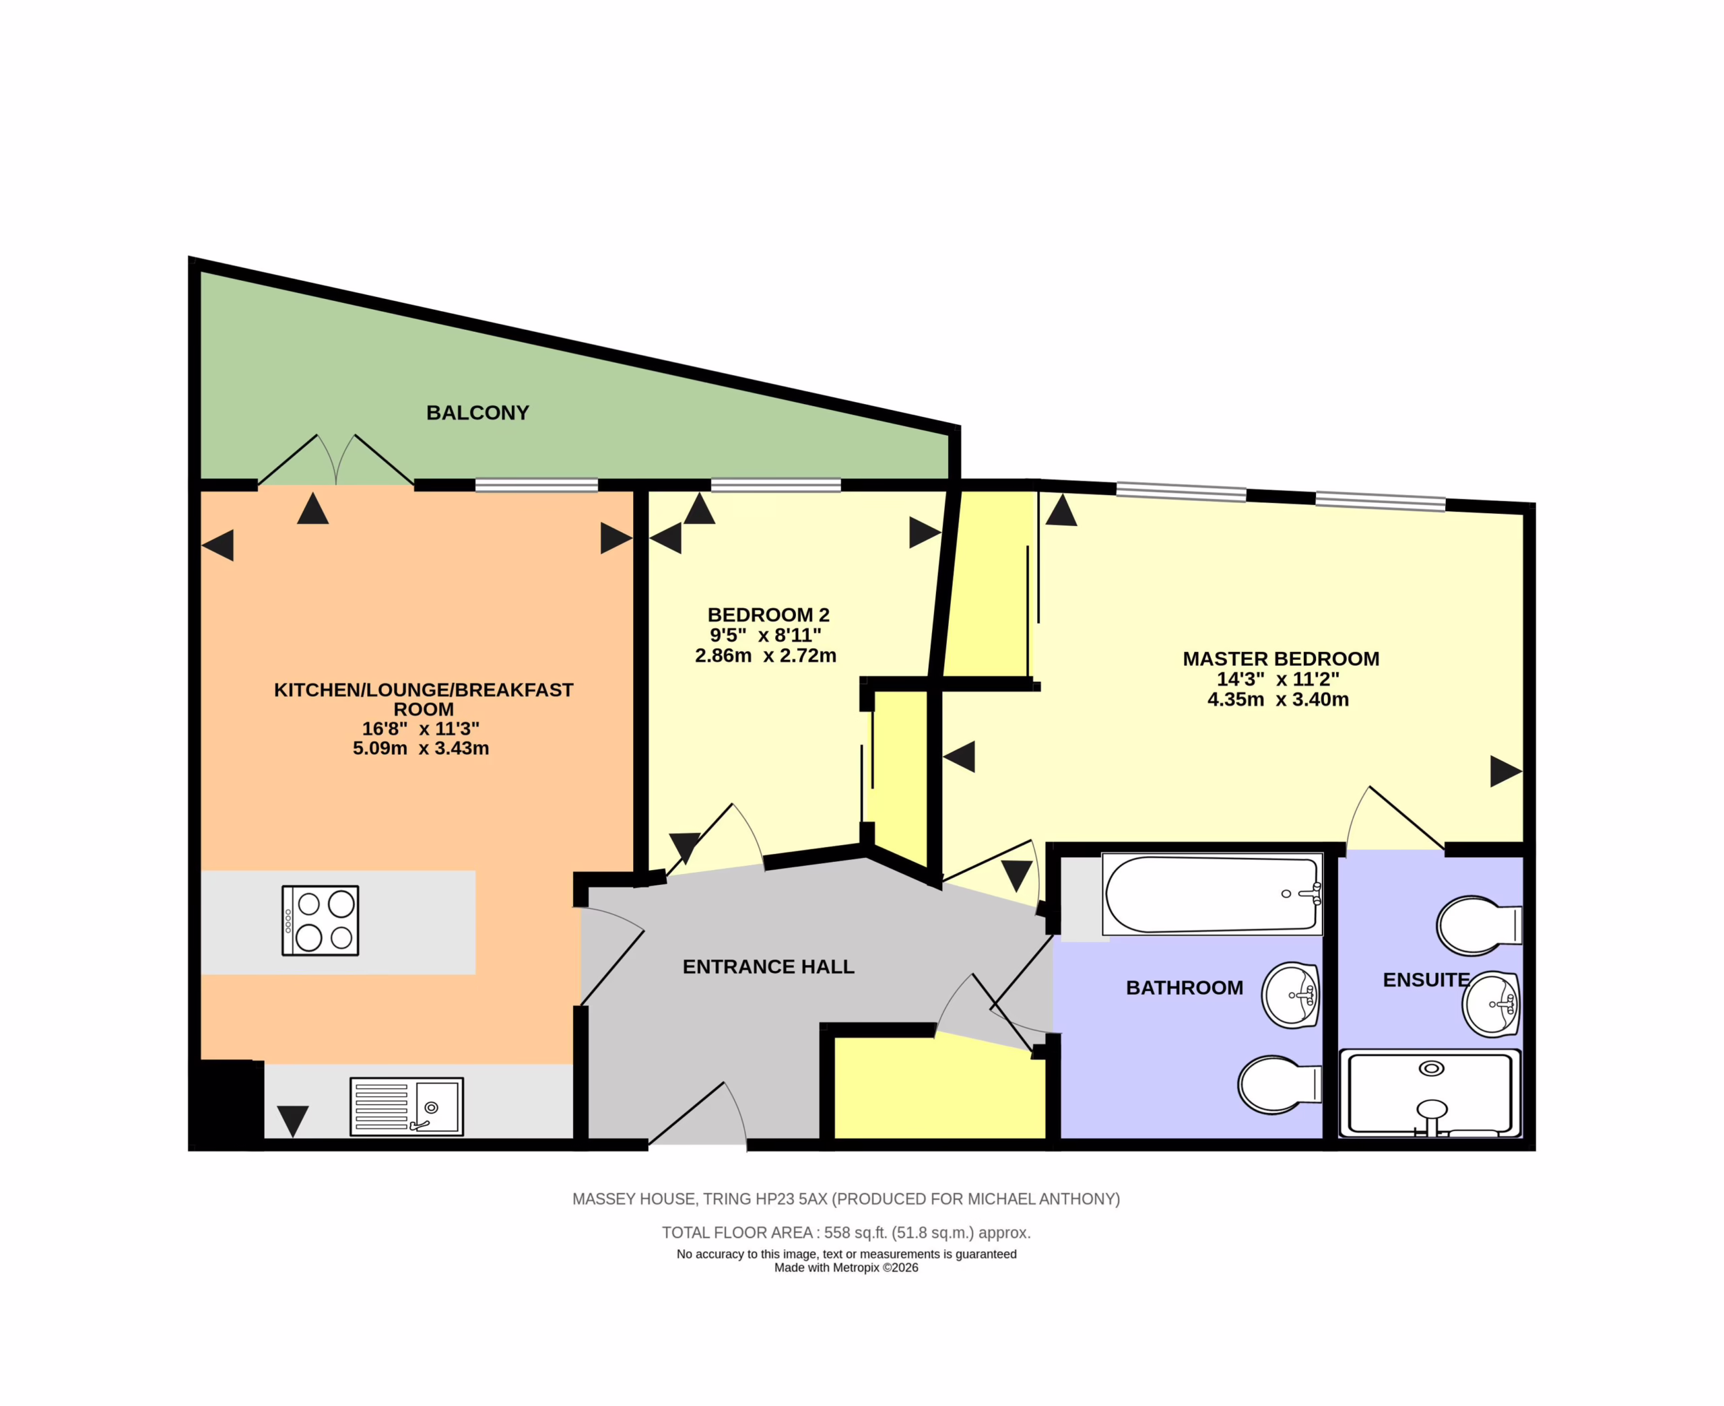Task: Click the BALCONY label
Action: (477, 413)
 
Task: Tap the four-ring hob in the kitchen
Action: (320, 921)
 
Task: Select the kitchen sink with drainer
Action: (407, 1106)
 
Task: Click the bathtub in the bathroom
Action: (1212, 894)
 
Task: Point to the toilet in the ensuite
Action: (1480, 925)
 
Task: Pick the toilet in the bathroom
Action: (1280, 1085)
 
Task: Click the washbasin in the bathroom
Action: (1291, 995)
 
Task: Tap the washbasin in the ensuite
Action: (1491, 1004)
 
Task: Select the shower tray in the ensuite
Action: (1430, 1094)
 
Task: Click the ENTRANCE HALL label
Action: (768, 967)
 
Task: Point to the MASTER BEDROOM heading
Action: (1281, 659)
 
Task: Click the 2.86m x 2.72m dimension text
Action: (765, 655)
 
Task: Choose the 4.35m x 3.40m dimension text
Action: (1278, 699)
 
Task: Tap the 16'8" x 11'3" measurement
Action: (420, 728)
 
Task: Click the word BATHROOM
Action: (1185, 988)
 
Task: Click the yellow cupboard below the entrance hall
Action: (939, 1090)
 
